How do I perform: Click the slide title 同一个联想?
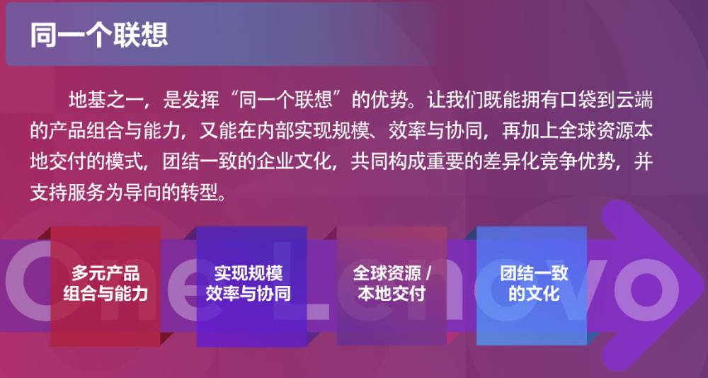(99, 35)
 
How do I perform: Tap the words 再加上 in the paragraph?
(525, 132)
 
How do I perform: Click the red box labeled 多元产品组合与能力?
(105, 286)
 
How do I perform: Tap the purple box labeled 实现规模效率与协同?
(251, 286)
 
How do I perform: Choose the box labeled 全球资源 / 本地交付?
(392, 285)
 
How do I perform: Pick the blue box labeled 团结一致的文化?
(532, 285)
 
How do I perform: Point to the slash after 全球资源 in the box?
(428, 274)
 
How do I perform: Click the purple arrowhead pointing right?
(650, 286)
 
